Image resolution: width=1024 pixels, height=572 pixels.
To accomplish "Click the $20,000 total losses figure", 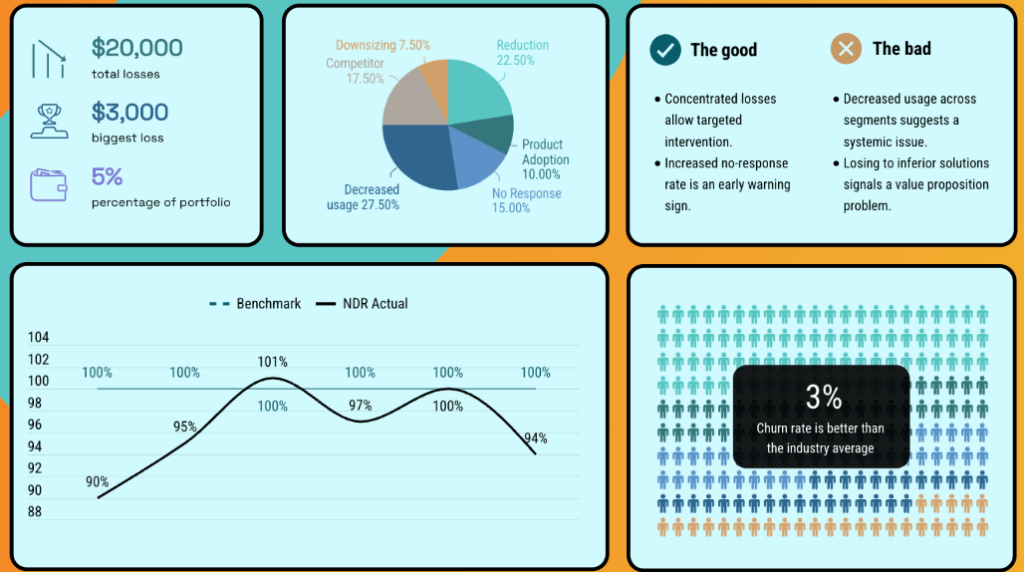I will pyautogui.click(x=136, y=48).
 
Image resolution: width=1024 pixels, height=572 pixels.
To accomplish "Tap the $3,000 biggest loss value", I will pyautogui.click(x=129, y=112).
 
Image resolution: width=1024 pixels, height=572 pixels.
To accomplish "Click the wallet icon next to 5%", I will pyautogui.click(x=49, y=184).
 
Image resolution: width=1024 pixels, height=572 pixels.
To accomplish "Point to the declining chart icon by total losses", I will pyautogui.click(x=48, y=59).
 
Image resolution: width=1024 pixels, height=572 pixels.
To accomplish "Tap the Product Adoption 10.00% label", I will pyautogui.click(x=546, y=159).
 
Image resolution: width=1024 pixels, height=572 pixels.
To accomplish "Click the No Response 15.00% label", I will pyautogui.click(x=526, y=200).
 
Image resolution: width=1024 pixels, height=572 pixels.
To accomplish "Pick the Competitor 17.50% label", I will pyautogui.click(x=355, y=71).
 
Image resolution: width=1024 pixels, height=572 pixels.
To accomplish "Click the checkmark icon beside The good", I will pyautogui.click(x=664, y=49).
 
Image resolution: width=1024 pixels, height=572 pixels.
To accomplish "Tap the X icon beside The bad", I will pyautogui.click(x=847, y=49).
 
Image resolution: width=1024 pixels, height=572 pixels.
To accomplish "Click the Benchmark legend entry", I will pyautogui.click(x=255, y=304).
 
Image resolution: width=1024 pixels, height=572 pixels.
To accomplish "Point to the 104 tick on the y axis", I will pyautogui.click(x=38, y=338).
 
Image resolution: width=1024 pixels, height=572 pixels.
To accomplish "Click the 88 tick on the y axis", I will pyautogui.click(x=35, y=512).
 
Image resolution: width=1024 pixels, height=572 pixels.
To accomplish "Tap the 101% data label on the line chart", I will pyautogui.click(x=272, y=362).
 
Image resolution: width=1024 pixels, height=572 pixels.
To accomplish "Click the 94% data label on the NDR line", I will pyautogui.click(x=536, y=438).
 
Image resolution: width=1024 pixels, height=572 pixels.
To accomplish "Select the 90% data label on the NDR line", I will pyautogui.click(x=98, y=482).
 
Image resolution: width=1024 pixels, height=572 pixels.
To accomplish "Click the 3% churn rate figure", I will pyautogui.click(x=824, y=398).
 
